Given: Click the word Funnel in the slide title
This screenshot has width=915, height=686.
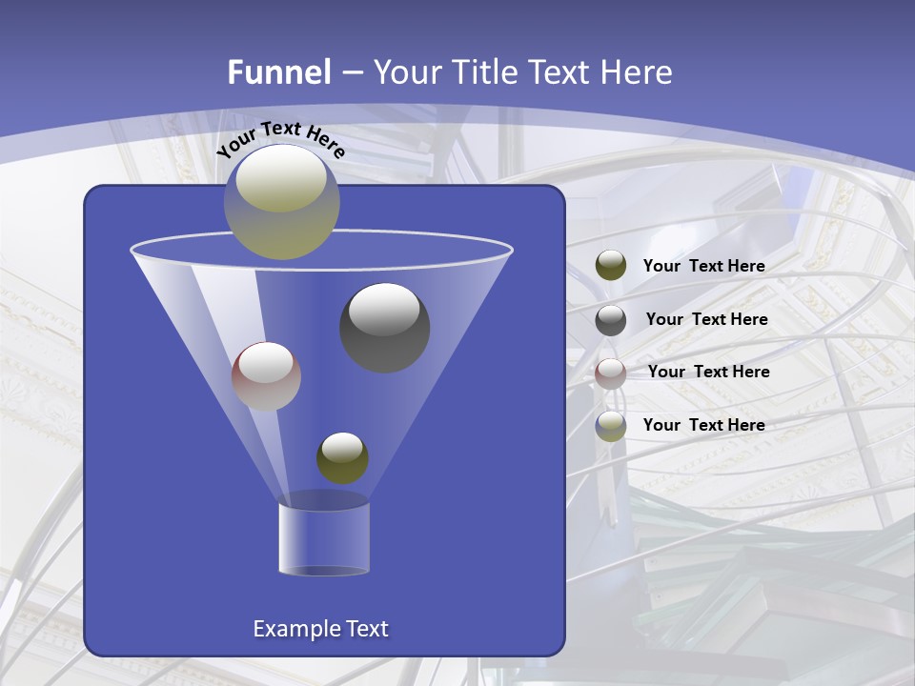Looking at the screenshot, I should click(278, 71).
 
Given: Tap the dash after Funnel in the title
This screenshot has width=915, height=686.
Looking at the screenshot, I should click(350, 72).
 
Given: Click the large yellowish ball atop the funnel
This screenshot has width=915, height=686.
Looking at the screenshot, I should click(281, 202).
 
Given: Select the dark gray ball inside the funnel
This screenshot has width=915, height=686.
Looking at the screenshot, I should click(384, 328).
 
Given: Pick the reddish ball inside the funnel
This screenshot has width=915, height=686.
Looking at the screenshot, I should click(266, 376).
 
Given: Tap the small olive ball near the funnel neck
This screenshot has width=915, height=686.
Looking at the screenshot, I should click(342, 457).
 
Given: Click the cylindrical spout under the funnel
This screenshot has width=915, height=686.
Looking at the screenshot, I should click(323, 536).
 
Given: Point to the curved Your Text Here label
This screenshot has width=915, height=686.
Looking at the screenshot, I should click(280, 138).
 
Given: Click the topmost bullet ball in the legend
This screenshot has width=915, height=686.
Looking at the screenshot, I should click(611, 265).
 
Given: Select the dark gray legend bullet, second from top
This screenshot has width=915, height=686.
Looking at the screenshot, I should click(611, 319).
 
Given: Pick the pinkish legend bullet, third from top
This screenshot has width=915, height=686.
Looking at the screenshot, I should click(611, 373).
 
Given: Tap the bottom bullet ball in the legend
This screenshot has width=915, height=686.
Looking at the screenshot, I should click(611, 426).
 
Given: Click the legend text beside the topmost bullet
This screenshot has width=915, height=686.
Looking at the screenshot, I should click(703, 266).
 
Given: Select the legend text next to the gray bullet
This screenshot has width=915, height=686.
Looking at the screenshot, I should click(706, 319).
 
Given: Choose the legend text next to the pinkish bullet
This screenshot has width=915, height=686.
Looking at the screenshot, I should click(708, 372).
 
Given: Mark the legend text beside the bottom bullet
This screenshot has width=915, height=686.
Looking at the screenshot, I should click(703, 425).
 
